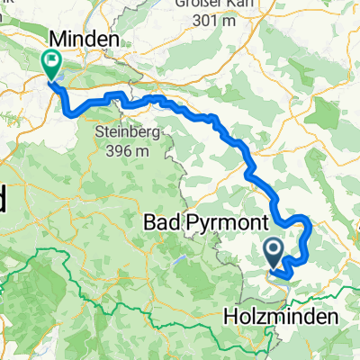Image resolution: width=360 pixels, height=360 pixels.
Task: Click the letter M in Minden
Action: tap(58, 39)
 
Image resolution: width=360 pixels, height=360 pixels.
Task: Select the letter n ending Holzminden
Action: tap(330, 318)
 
